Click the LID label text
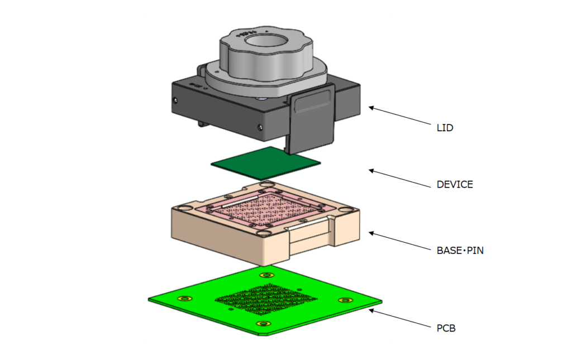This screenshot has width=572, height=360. pyautogui.click(x=445, y=128)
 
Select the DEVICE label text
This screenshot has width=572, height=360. pyautogui.click(x=454, y=185)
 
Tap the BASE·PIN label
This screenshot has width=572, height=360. pyautogui.click(x=460, y=251)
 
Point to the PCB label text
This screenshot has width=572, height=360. pyautogui.click(x=446, y=328)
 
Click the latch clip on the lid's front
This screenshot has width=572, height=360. pyautogui.click(x=312, y=117)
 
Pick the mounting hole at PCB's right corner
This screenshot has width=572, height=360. pyautogui.click(x=346, y=300)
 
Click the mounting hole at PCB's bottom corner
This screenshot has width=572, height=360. pyautogui.click(x=262, y=324)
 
